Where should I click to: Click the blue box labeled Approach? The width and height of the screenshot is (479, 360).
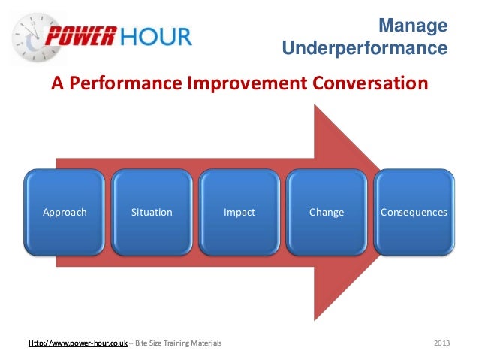(65, 213)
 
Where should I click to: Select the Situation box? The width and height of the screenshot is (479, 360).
(152, 213)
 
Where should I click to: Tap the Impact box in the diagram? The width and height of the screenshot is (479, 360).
(239, 213)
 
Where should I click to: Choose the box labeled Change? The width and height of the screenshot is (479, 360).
(327, 213)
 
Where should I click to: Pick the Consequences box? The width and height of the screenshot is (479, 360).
(414, 213)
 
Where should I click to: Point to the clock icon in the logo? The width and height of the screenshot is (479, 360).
(29, 38)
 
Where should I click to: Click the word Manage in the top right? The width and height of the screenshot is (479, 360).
(412, 27)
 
